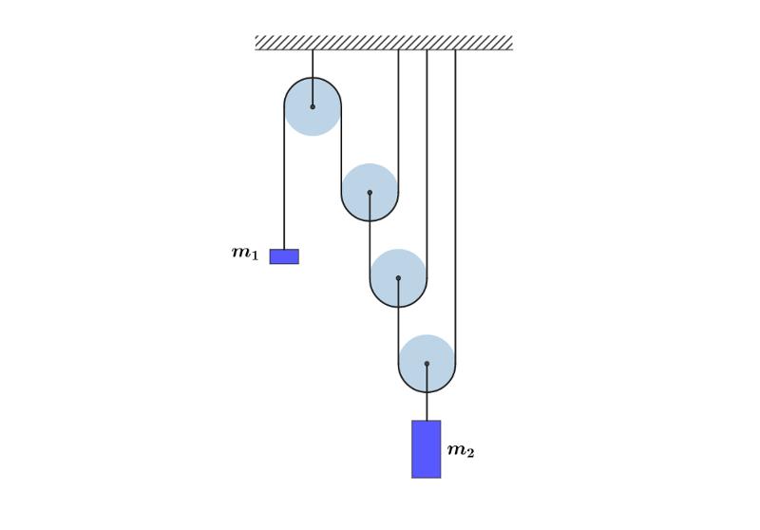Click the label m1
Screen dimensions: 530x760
[245, 253]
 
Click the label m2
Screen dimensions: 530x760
[461, 450]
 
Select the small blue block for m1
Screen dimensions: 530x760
[284, 256]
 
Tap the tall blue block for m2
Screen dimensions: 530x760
[427, 449]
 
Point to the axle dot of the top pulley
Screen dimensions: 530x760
[313, 106]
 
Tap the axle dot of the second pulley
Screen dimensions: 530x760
[370, 193]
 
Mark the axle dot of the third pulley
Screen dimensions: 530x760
[398, 278]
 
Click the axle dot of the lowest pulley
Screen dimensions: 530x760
[427, 364]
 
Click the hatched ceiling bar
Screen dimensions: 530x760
[384, 43]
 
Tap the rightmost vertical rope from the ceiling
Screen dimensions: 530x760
[455, 190]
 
